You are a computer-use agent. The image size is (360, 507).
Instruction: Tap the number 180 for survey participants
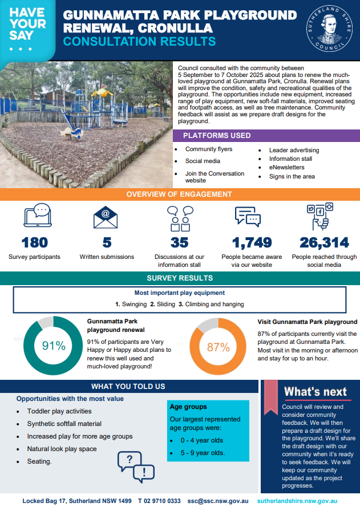tap(34, 242)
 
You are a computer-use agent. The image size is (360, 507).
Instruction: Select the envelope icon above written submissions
tap(107, 217)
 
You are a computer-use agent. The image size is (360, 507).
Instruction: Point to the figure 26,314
tap(323, 242)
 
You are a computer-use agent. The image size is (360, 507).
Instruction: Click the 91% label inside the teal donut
tap(54, 346)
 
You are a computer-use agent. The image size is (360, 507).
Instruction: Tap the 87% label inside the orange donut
tap(218, 347)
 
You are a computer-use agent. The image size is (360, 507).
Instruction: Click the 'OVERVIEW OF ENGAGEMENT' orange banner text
tap(179, 194)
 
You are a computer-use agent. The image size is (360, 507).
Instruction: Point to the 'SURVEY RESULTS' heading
tap(180, 278)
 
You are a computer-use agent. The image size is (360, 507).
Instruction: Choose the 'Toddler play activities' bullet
tap(59, 411)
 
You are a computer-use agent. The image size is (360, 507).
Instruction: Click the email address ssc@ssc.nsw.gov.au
tap(218, 501)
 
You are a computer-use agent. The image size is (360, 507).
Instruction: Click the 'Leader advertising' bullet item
tap(294, 150)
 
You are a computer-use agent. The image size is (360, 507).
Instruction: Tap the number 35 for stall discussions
tap(179, 242)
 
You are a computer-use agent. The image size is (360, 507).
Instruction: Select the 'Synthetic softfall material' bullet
tap(64, 424)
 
